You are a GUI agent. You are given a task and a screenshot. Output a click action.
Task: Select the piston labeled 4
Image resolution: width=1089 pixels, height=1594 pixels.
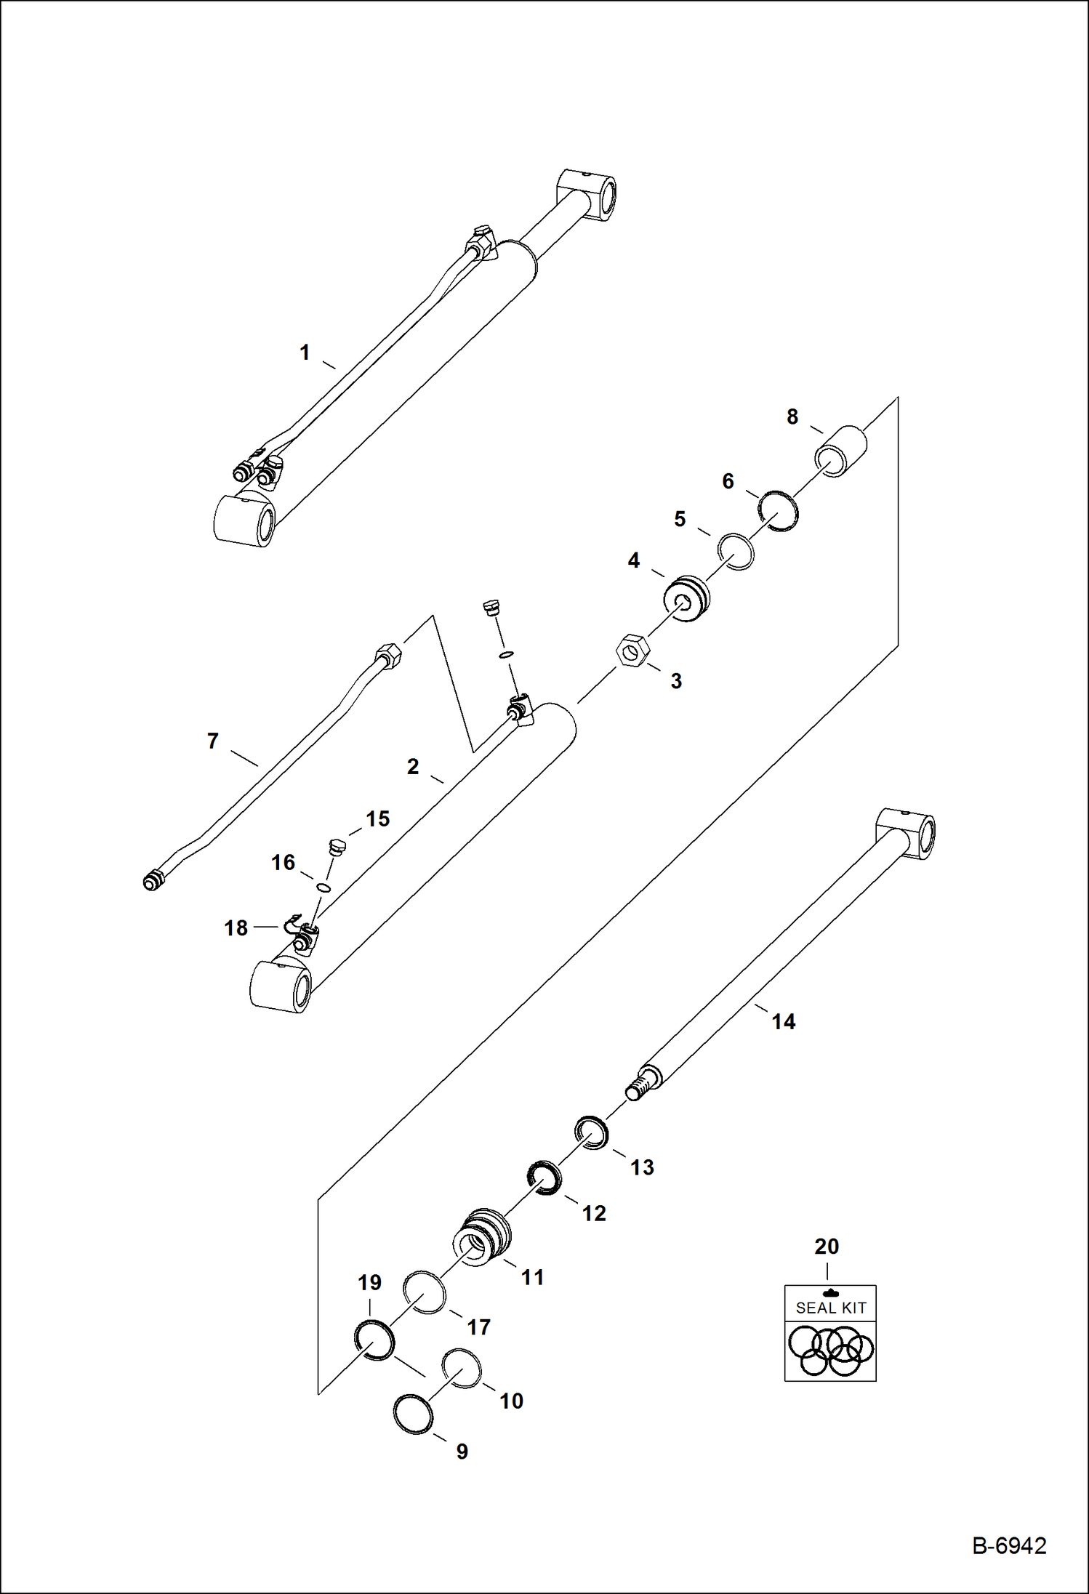pos(686,599)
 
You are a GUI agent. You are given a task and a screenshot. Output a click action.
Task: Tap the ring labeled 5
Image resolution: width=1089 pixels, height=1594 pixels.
pos(736,552)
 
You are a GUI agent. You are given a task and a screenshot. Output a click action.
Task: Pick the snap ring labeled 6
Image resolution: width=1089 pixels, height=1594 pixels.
pos(778,510)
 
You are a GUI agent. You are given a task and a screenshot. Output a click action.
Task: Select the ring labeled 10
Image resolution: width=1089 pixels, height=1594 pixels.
pos(462,1367)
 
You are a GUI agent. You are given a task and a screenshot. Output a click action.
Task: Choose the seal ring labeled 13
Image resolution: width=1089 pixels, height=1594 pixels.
pos(592,1133)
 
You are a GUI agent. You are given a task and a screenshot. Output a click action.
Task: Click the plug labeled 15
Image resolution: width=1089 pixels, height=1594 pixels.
pos(335,848)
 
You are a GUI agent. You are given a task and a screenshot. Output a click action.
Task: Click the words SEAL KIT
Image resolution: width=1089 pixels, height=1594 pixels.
pos(830,1308)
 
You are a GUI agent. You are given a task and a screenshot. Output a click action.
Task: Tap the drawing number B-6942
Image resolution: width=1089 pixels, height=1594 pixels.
pos(1009,1545)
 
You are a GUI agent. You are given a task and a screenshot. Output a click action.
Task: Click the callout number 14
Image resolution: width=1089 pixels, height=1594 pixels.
pos(783,1022)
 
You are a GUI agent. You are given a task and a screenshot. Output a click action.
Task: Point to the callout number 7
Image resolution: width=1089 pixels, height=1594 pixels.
pos(212,741)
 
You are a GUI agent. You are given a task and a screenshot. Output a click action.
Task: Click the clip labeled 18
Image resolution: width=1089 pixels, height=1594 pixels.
pos(294,925)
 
